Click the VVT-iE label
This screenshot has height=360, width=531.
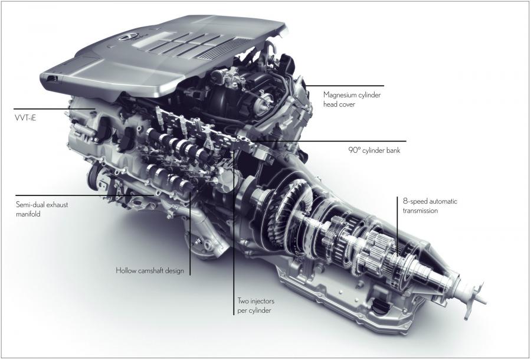[25, 119]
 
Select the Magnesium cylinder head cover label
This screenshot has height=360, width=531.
[352, 100]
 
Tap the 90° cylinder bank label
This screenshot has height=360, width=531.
[374, 150]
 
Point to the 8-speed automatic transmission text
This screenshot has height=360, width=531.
[430, 206]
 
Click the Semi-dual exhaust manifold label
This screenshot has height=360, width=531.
[42, 210]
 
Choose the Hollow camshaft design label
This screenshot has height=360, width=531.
[150, 271]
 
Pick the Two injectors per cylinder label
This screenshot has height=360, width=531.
[255, 306]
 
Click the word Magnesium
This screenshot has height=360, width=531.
[340, 95]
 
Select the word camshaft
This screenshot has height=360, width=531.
[152, 271]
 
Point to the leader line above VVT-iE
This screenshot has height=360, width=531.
[54, 109]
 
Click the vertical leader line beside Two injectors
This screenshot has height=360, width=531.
[234, 233]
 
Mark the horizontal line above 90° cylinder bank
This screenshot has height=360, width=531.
[329, 141]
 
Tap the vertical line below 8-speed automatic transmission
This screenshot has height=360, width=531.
[398, 225]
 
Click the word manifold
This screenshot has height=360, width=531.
[28, 214]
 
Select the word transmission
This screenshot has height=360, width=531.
[420, 211]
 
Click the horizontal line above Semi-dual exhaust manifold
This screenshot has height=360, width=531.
[84, 195]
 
